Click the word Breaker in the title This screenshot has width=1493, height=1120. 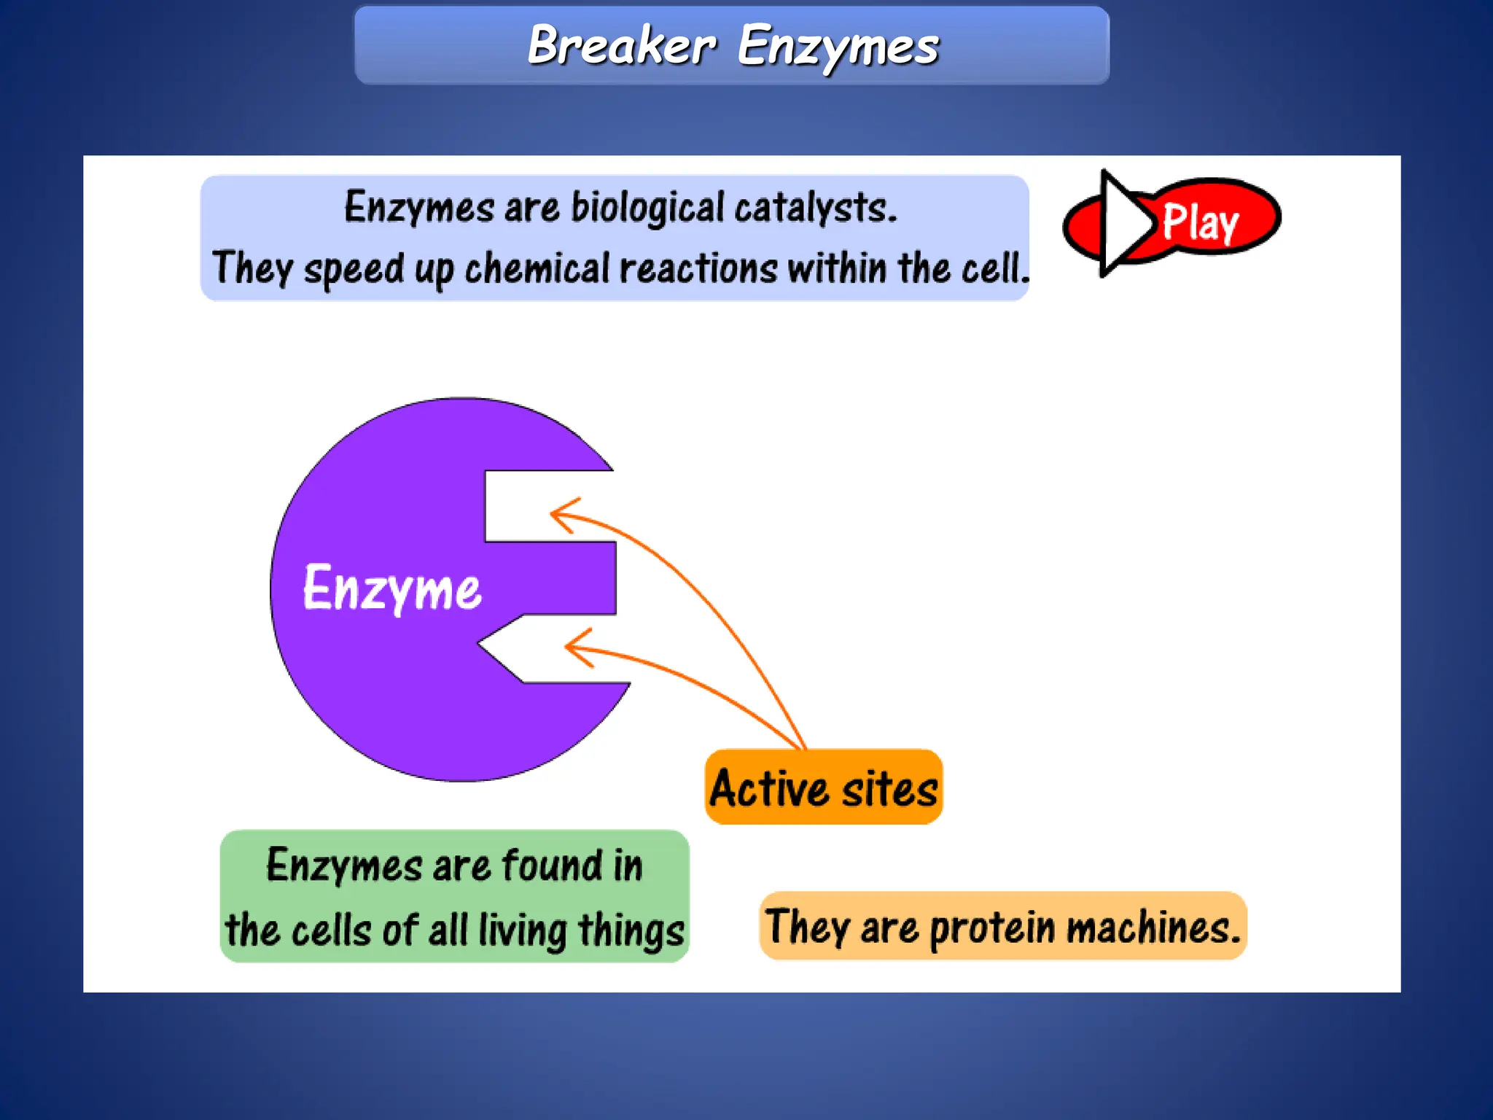tap(621, 45)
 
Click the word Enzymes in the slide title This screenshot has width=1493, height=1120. tap(838, 47)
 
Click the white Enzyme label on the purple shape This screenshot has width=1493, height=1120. tap(391, 588)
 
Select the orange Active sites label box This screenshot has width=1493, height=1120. tap(824, 787)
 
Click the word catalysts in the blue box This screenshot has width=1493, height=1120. tap(815, 208)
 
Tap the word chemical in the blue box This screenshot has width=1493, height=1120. tap(537, 268)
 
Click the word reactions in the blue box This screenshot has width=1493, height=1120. tap(698, 268)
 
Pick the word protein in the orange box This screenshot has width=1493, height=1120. tap(992, 928)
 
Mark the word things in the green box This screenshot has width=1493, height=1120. tap(631, 931)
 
